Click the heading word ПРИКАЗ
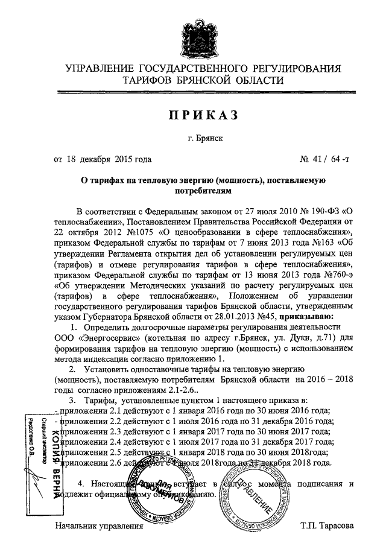click(192, 115)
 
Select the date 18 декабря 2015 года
click(109, 159)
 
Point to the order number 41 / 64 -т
click(324, 159)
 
